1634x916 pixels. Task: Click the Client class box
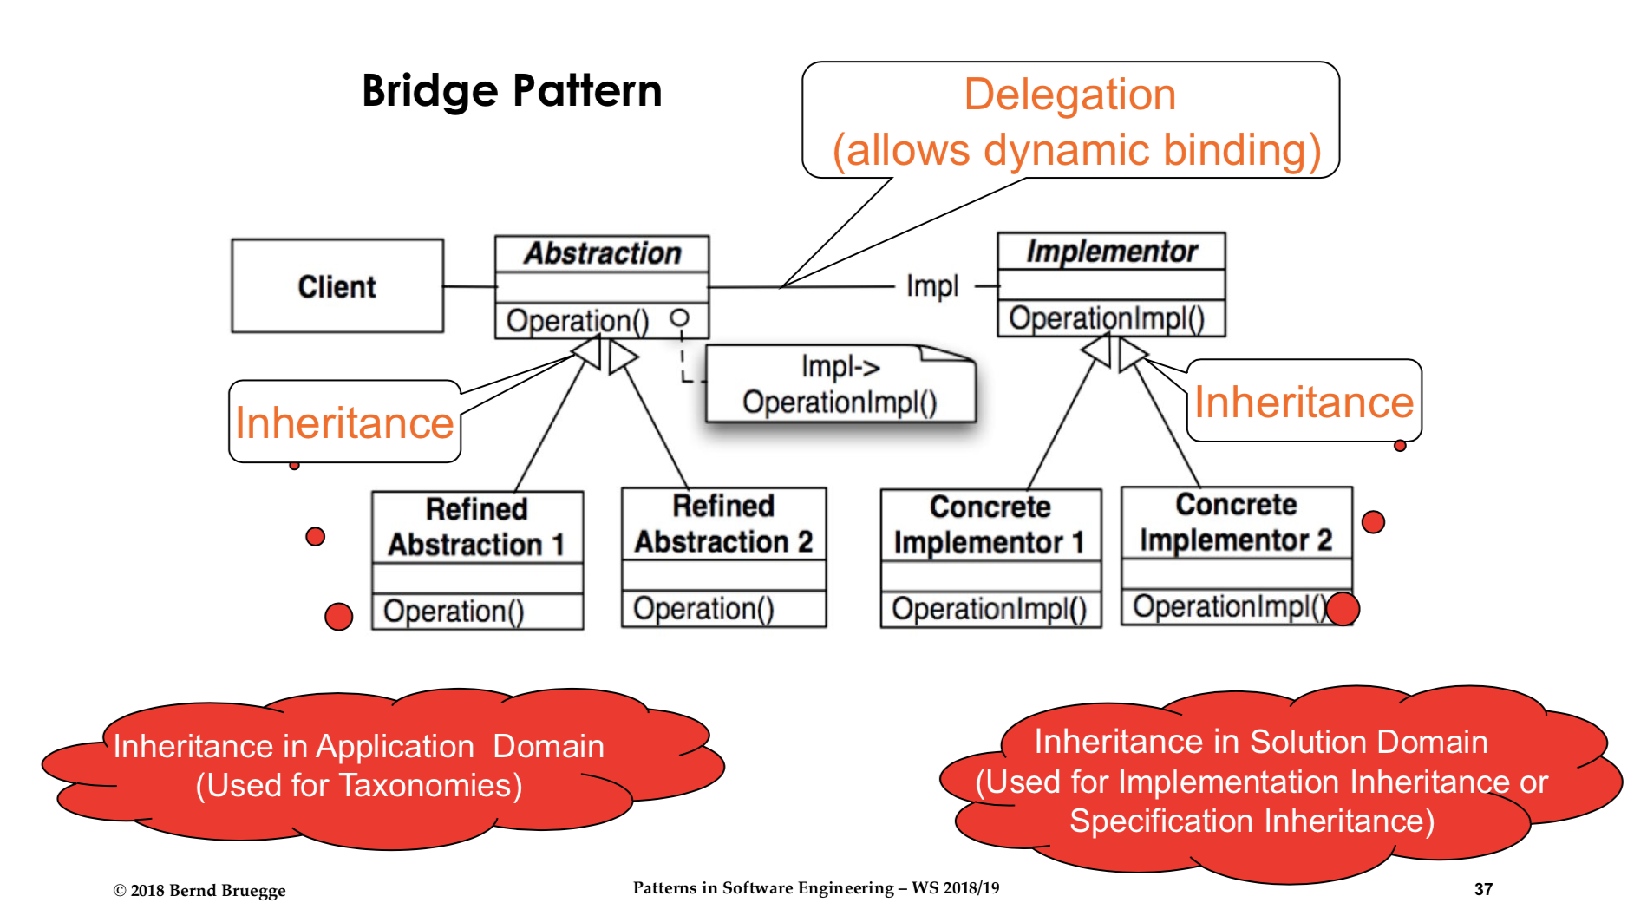(x=337, y=286)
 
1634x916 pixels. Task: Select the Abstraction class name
(x=602, y=253)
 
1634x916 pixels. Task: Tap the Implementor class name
(x=1111, y=252)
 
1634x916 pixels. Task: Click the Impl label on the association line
(x=932, y=285)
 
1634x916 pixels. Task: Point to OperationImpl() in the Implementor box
(x=1107, y=318)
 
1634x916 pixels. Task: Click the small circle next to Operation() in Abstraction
(x=680, y=318)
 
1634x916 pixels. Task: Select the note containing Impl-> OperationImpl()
(x=840, y=385)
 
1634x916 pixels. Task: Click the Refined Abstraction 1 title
(x=476, y=527)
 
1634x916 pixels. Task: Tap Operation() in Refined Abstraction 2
(x=703, y=608)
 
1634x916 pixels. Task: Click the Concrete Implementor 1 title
(x=990, y=524)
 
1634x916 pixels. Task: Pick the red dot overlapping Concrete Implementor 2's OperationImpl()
(x=1343, y=608)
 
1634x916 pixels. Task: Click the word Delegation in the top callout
(x=1069, y=95)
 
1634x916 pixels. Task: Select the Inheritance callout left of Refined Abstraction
(x=344, y=422)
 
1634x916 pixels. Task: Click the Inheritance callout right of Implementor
(x=1304, y=402)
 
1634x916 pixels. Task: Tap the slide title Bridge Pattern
(x=512, y=90)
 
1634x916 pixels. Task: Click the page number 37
(x=1483, y=889)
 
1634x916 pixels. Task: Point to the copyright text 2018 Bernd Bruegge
(x=199, y=890)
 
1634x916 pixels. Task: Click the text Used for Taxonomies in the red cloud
(x=359, y=785)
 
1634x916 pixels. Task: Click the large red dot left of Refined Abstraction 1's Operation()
(x=338, y=617)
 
